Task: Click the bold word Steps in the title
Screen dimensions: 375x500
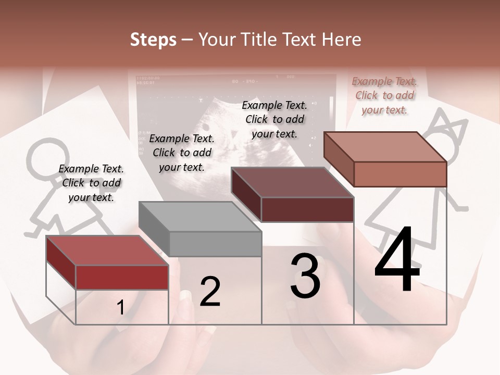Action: pos(153,40)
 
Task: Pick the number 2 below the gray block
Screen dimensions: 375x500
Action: pos(210,292)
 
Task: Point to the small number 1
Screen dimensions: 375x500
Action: pos(120,308)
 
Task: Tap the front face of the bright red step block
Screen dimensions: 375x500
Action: pos(122,277)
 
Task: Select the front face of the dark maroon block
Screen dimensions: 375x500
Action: pos(307,209)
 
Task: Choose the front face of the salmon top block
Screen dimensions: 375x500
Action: pos(400,174)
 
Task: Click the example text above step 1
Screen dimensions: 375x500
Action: pos(91,183)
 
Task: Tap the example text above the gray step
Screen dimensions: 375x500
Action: pos(182,153)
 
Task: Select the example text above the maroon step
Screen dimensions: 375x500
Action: pos(274,119)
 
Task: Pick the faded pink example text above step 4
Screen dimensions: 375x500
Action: pos(384,95)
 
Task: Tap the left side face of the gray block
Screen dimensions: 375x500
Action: pos(154,228)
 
